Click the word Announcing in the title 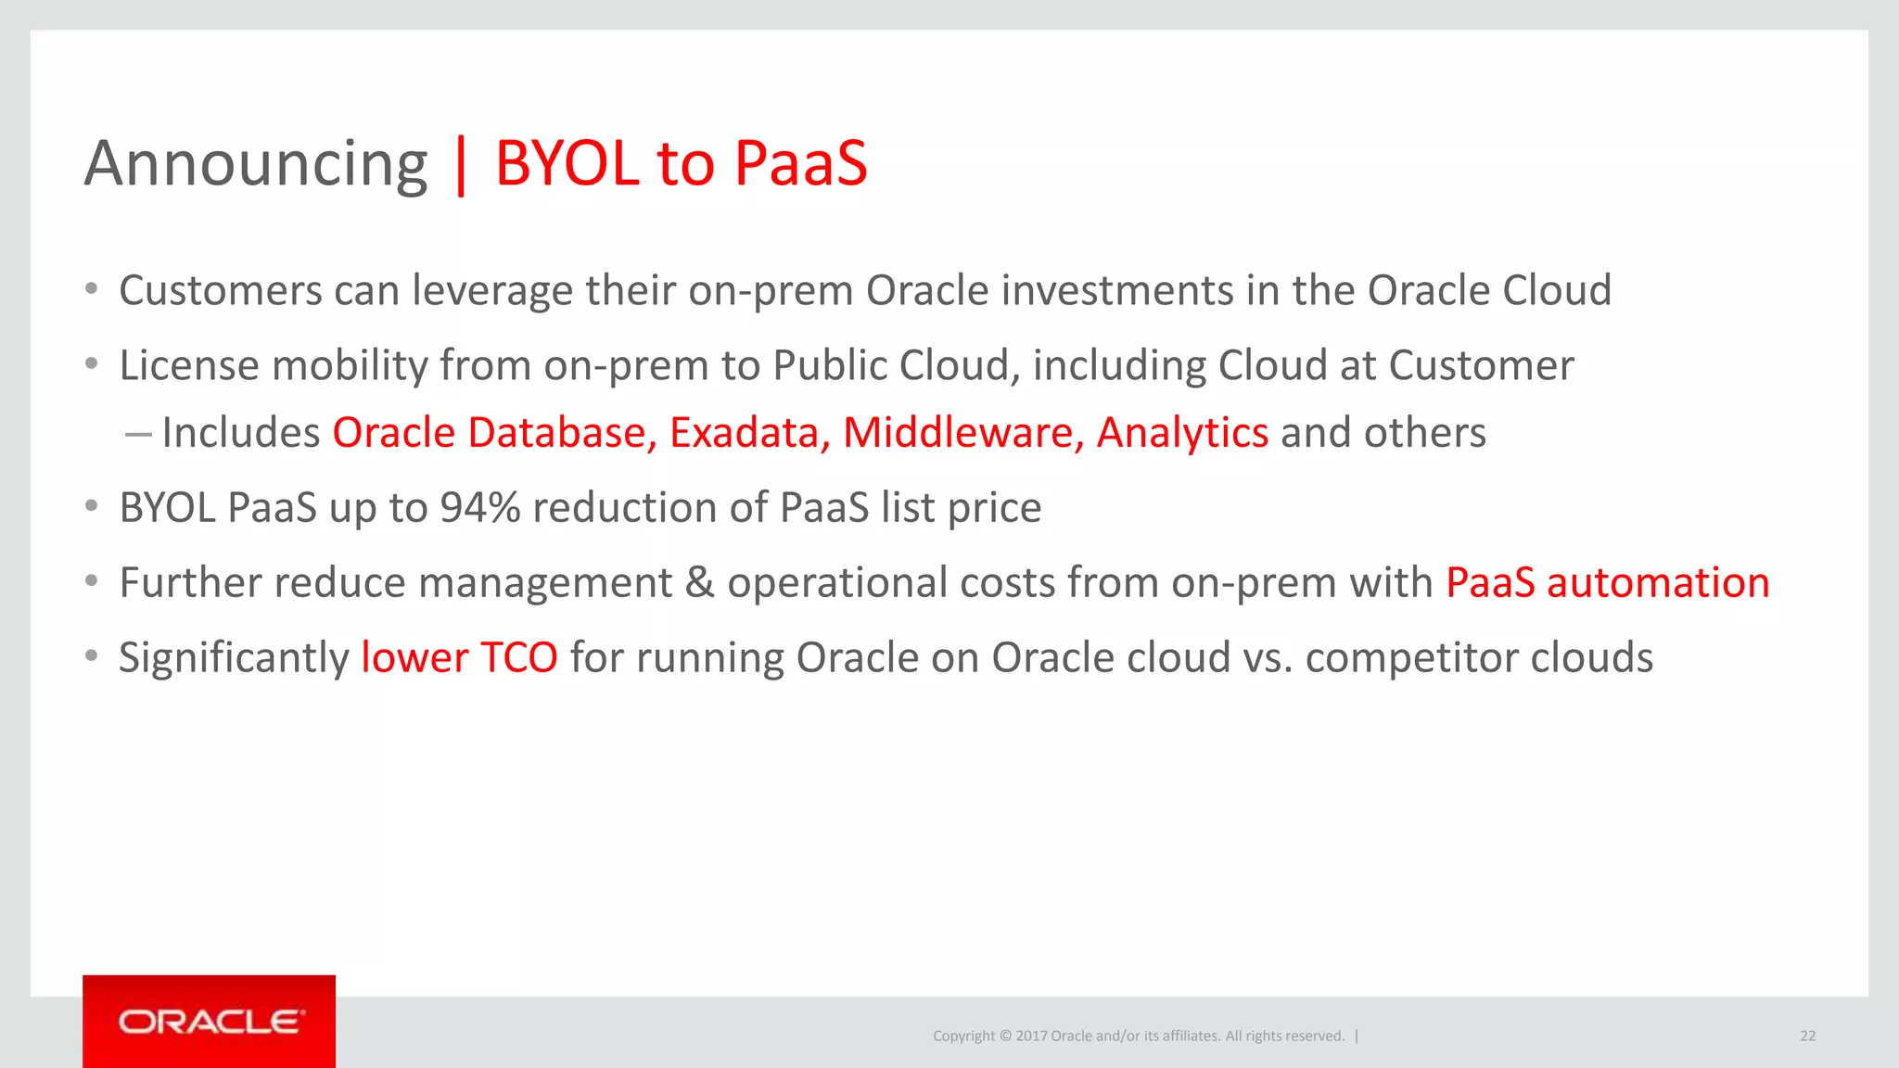[x=256, y=164]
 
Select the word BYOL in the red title [x=567, y=164]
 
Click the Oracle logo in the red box [x=210, y=1022]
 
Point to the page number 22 [x=1807, y=1036]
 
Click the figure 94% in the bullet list [x=479, y=508]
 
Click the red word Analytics [x=1182, y=433]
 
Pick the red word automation [x=1658, y=583]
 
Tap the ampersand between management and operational [x=699, y=583]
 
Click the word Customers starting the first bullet [x=221, y=291]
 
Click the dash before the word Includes [x=137, y=434]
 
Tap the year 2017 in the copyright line [x=1031, y=1036]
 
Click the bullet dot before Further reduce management [x=91, y=581]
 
